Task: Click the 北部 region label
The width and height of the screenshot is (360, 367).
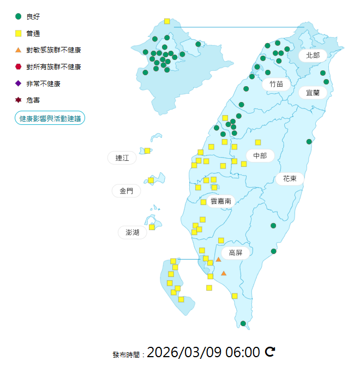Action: (313, 55)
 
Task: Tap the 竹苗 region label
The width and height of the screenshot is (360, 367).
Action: (275, 84)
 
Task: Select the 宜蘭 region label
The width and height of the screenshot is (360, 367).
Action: (313, 93)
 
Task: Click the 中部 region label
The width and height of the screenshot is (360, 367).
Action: (260, 156)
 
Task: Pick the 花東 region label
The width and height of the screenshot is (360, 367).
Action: (290, 178)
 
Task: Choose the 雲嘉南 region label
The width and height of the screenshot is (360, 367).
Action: (221, 201)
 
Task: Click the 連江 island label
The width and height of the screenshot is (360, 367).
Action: (122, 158)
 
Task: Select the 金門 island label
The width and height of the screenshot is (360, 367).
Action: (126, 191)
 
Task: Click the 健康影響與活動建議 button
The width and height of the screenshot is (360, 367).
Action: (50, 118)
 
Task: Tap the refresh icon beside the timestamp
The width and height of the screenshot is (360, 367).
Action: (269, 352)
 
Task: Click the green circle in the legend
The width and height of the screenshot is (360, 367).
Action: (19, 16)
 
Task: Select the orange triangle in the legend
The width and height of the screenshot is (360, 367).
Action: (19, 50)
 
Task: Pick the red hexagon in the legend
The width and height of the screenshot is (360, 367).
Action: (19, 67)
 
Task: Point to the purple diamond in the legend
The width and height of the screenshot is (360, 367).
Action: (19, 83)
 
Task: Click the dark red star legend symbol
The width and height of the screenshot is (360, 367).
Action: (19, 100)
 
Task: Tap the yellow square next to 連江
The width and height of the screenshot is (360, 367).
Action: (147, 151)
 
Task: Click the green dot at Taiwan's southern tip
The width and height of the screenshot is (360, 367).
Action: (243, 323)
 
